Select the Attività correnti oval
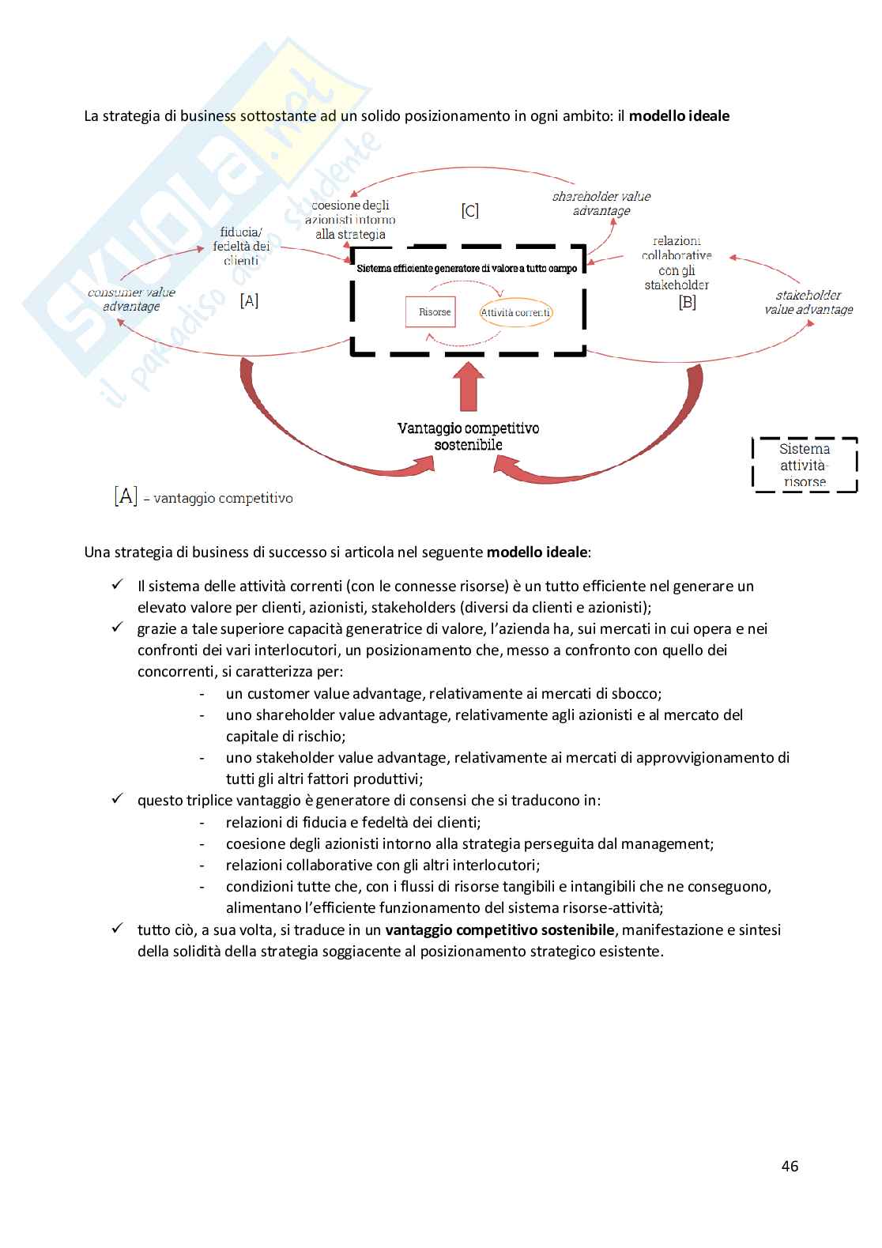click(x=515, y=312)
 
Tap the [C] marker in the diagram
click(x=470, y=211)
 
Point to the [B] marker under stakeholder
click(x=687, y=302)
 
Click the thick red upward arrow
click(x=469, y=384)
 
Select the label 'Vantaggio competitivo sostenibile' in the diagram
click(x=469, y=436)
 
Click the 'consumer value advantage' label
click(x=131, y=300)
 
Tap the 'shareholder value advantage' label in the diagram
click(x=601, y=204)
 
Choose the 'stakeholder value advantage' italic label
click(x=808, y=303)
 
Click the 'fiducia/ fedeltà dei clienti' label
click(x=241, y=246)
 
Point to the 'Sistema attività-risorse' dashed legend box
click(x=805, y=465)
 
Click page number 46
click(x=790, y=1166)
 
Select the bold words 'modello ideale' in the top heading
click(x=679, y=116)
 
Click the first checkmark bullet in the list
click(x=117, y=586)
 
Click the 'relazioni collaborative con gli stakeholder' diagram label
click(x=677, y=262)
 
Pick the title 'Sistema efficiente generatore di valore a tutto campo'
click(x=467, y=268)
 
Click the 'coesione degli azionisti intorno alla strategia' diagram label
click(x=350, y=220)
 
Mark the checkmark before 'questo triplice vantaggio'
click(x=117, y=799)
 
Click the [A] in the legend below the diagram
click(x=126, y=496)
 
